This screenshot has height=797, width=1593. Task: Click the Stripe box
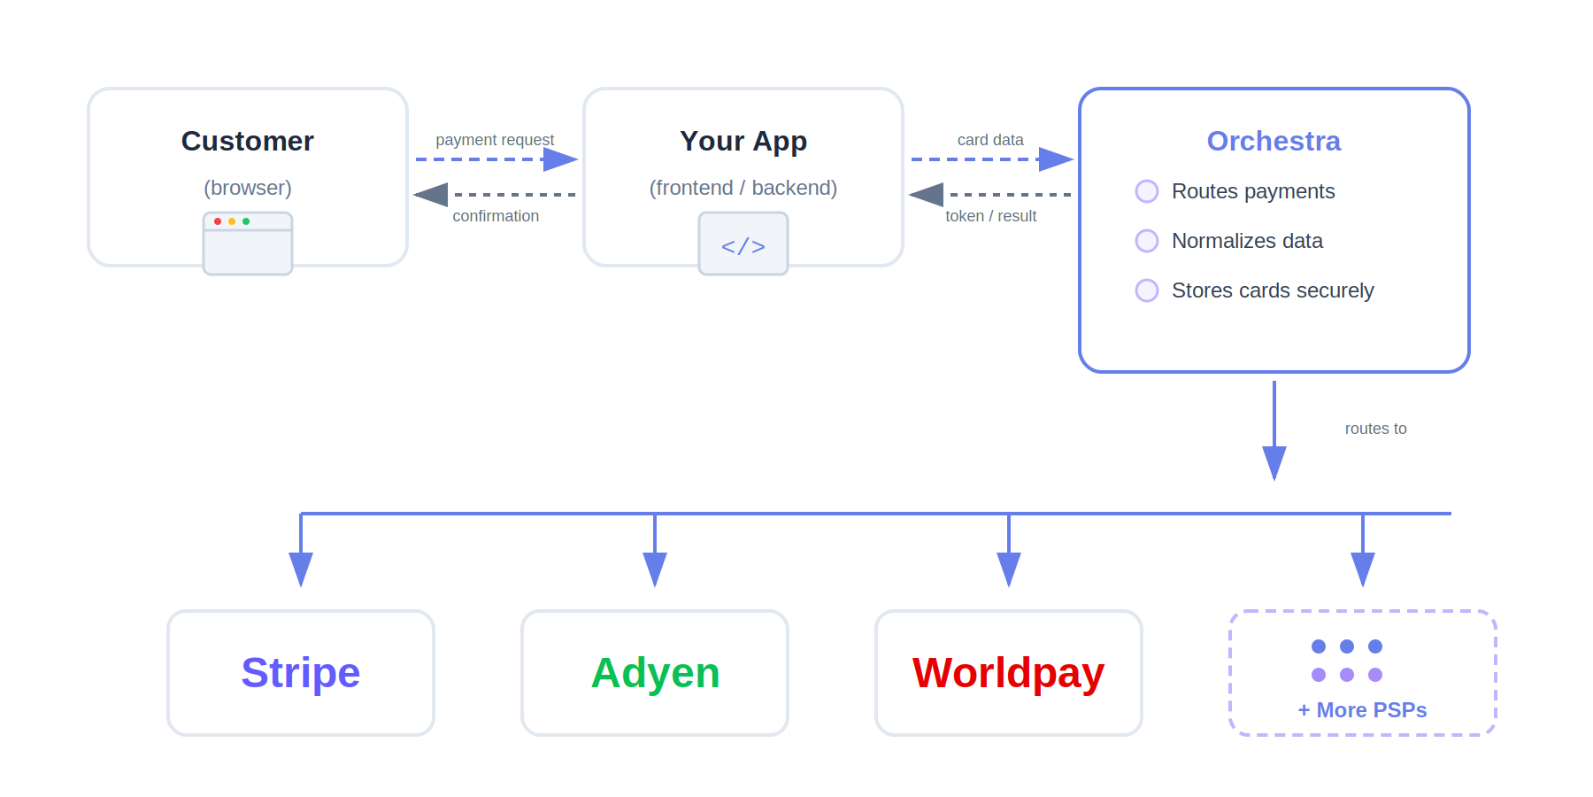(301, 673)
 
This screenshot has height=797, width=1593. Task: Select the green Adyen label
(655, 673)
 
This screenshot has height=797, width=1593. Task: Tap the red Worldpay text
(1008, 673)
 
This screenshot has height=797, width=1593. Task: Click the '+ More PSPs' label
(1362, 710)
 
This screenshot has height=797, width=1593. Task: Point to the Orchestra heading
(1274, 141)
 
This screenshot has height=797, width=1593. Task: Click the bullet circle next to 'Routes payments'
(1147, 191)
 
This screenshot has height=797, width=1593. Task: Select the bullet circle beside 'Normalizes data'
(1147, 241)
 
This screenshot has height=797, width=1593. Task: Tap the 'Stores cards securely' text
(1272, 290)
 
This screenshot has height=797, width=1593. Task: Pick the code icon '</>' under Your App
(743, 245)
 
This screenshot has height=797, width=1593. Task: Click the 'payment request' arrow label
(495, 140)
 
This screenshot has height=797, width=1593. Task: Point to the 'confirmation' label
(496, 216)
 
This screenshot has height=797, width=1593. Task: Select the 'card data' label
(990, 140)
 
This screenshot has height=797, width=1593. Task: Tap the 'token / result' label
(990, 216)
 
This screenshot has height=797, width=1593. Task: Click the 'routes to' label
(1375, 429)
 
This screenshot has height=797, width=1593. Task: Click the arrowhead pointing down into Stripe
(301, 569)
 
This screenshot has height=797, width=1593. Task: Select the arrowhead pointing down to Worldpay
(1009, 569)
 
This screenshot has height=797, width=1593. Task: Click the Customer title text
(248, 141)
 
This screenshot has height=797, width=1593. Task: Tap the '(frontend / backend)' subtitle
(743, 188)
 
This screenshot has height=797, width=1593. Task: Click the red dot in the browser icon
(218, 221)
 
